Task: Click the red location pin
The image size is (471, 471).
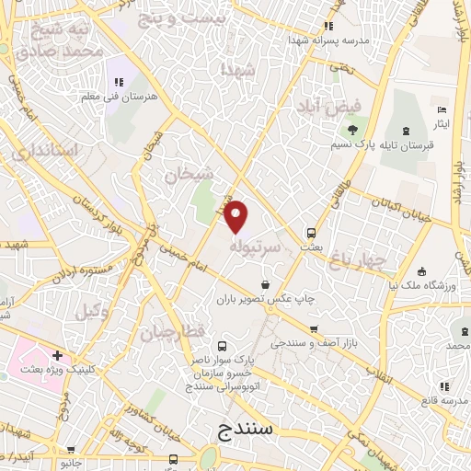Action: click(x=237, y=217)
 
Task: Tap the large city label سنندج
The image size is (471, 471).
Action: click(x=251, y=431)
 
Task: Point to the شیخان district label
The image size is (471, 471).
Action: click(x=190, y=174)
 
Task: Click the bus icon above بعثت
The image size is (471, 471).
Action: click(x=312, y=233)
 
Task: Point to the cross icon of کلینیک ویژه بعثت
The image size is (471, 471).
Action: click(x=57, y=355)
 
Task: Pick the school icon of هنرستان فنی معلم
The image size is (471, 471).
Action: click(x=117, y=64)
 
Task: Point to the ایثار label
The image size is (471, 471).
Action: click(x=442, y=123)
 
